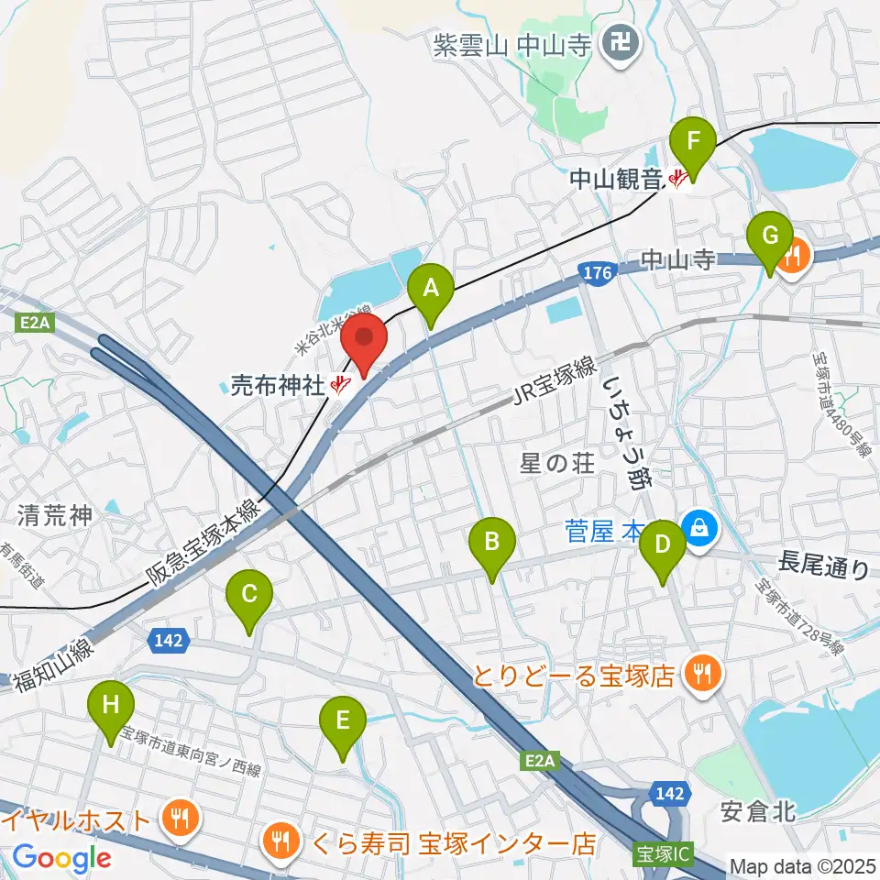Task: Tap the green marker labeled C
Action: [248, 596]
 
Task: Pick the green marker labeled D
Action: [662, 546]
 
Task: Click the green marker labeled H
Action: [111, 708]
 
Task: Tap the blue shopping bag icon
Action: [699, 527]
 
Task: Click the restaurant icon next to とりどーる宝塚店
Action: [703, 676]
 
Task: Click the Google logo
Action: [62, 858]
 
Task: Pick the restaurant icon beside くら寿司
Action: [278, 841]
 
